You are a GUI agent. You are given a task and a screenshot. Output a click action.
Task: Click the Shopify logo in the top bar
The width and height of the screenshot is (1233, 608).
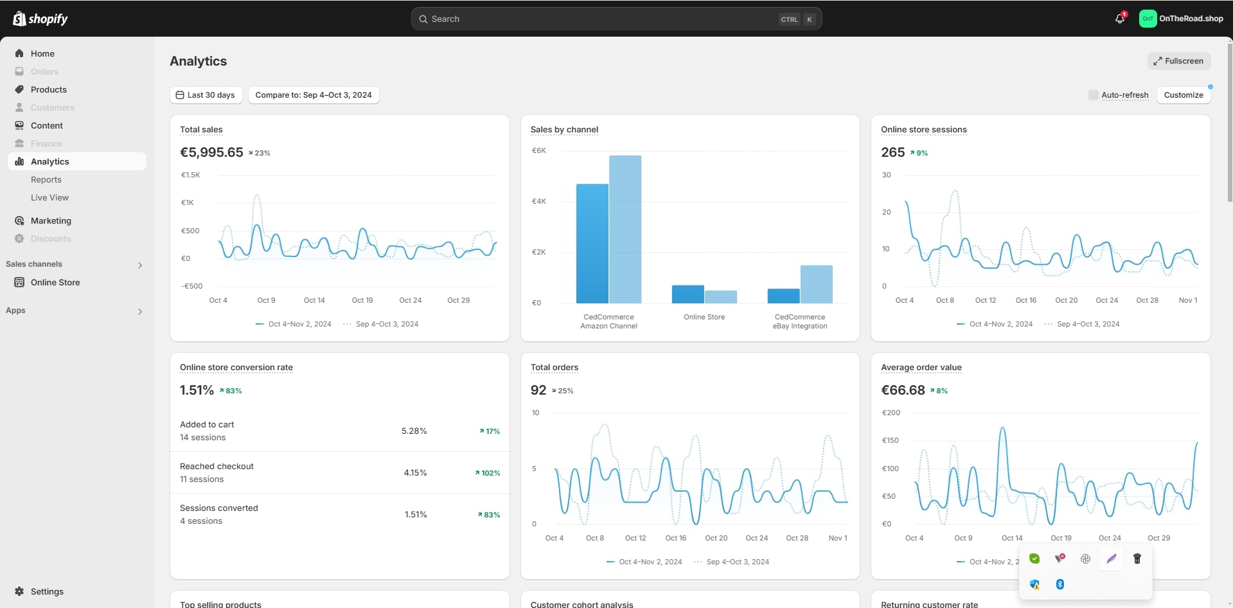(x=40, y=19)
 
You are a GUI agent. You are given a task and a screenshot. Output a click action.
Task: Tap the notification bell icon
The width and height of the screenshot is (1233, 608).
(x=1120, y=19)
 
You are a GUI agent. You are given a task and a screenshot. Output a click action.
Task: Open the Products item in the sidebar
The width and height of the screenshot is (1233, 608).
(x=49, y=89)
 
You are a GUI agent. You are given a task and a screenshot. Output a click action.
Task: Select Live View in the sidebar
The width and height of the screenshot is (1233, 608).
(x=49, y=197)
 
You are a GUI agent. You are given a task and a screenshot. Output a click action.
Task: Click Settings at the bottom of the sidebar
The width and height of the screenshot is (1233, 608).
(x=47, y=591)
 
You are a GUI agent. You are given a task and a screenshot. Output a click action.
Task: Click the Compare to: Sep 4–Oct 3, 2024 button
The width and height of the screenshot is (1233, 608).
(x=314, y=95)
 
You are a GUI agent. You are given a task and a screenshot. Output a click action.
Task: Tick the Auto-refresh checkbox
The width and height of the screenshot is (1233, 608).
(x=1093, y=95)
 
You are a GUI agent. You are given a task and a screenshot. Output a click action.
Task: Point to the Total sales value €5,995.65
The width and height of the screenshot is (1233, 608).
(x=211, y=152)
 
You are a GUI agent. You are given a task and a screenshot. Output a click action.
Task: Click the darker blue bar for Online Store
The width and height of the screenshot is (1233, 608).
(x=687, y=294)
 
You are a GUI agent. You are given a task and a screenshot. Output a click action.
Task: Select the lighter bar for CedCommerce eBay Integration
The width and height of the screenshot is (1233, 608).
(x=816, y=284)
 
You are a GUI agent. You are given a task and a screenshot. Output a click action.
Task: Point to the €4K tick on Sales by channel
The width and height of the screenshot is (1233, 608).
(x=538, y=201)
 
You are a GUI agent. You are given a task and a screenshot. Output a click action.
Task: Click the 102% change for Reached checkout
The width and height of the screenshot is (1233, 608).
(x=488, y=473)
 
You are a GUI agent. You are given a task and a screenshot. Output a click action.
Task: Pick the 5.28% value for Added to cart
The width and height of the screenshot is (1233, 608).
(x=414, y=431)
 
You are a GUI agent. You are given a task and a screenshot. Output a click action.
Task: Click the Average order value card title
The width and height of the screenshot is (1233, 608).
(x=921, y=368)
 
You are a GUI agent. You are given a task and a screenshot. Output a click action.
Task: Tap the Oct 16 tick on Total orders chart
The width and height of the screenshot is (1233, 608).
(x=675, y=538)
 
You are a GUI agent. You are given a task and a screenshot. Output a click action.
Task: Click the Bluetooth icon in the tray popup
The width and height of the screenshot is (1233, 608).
(x=1060, y=584)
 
